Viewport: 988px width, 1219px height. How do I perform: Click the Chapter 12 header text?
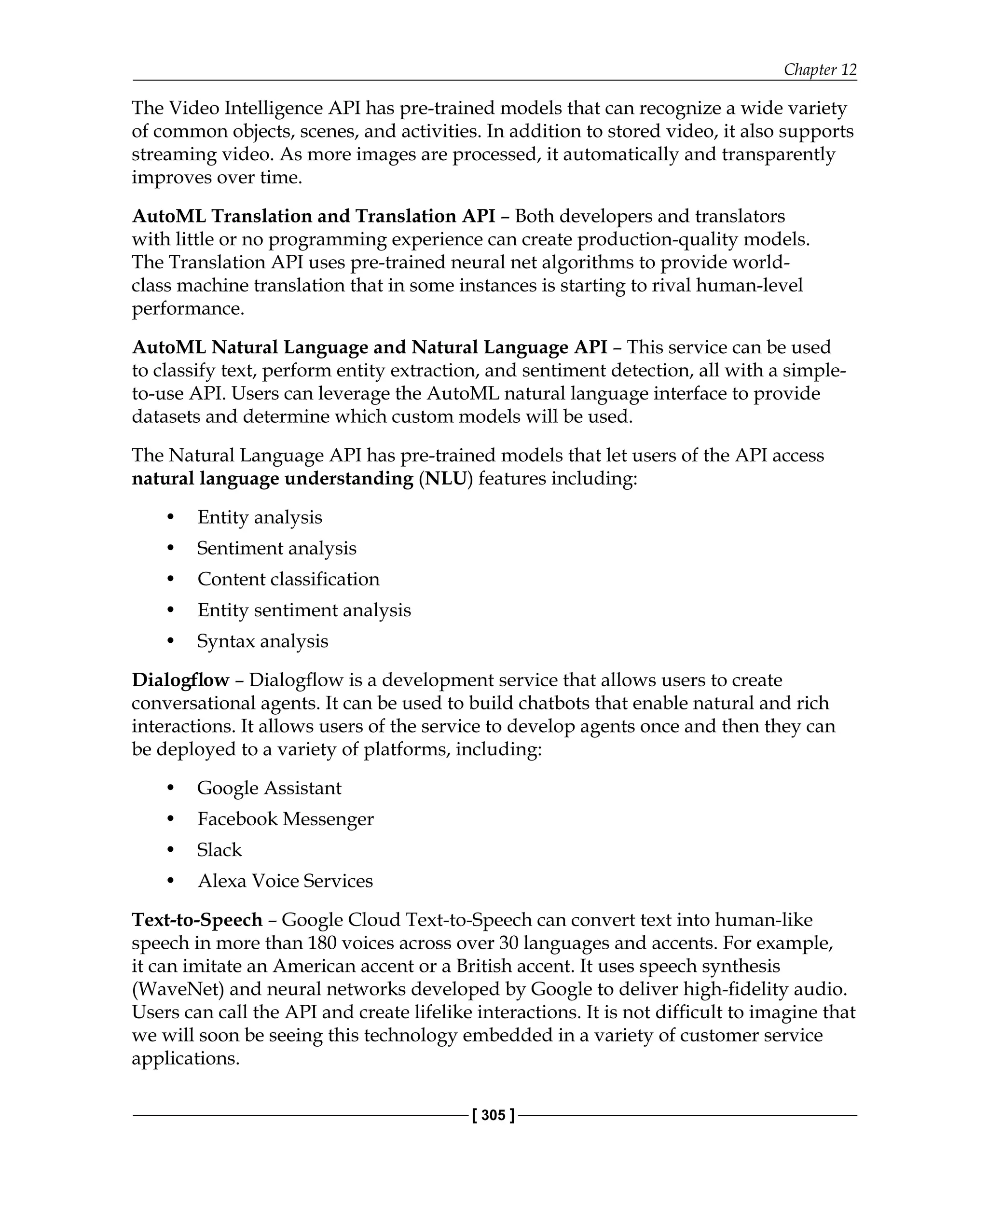click(x=820, y=69)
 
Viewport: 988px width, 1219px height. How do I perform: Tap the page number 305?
click(x=493, y=1115)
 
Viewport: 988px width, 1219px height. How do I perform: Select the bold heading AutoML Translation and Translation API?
click(x=313, y=216)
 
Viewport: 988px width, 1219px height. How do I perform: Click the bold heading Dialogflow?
click(x=180, y=680)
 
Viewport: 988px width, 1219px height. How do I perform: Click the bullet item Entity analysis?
click(x=260, y=517)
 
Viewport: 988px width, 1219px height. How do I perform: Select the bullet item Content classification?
click(x=288, y=579)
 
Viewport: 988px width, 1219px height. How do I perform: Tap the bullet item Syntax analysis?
click(x=262, y=641)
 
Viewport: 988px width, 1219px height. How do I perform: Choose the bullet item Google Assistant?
click(x=269, y=788)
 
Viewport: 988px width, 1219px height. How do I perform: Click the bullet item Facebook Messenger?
click(x=285, y=819)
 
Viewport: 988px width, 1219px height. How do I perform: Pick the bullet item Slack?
click(x=219, y=850)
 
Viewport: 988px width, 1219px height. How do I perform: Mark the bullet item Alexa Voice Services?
click(x=285, y=881)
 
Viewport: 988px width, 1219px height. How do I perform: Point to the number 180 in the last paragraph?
click(x=322, y=943)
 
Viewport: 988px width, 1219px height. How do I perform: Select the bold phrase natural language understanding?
click(x=272, y=479)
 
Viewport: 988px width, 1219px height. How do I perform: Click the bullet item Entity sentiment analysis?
click(x=304, y=610)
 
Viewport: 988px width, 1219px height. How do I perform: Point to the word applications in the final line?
click(x=185, y=1058)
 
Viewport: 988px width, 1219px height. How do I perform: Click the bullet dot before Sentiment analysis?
click(x=170, y=548)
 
